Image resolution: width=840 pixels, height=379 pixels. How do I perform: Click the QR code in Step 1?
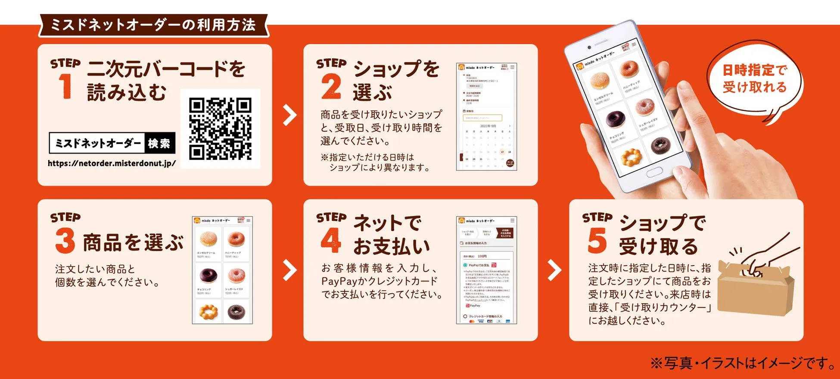coord(220,128)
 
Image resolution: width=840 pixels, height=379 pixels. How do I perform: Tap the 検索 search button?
coord(159,143)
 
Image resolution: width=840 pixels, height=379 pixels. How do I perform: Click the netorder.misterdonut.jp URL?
coord(112,163)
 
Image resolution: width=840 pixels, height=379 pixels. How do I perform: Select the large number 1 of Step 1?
coord(65,86)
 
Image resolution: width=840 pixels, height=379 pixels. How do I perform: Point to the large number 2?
coord(331,87)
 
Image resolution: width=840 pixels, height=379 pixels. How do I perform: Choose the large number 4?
coord(331,240)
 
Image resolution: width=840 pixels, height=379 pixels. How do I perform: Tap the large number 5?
coord(597,241)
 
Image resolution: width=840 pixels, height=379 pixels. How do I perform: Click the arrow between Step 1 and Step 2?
coord(289,115)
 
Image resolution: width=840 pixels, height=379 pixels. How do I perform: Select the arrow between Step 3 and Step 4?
coord(289,270)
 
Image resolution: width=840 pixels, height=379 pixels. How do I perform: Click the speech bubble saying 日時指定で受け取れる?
coord(754,78)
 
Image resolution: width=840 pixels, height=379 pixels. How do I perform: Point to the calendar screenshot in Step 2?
coord(486,117)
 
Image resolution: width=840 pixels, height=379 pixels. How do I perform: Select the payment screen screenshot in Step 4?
coord(486,270)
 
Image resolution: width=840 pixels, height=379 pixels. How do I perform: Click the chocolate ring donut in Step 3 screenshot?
coord(208,274)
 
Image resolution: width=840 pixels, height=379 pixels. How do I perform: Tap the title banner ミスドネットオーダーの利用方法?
coord(153,25)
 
